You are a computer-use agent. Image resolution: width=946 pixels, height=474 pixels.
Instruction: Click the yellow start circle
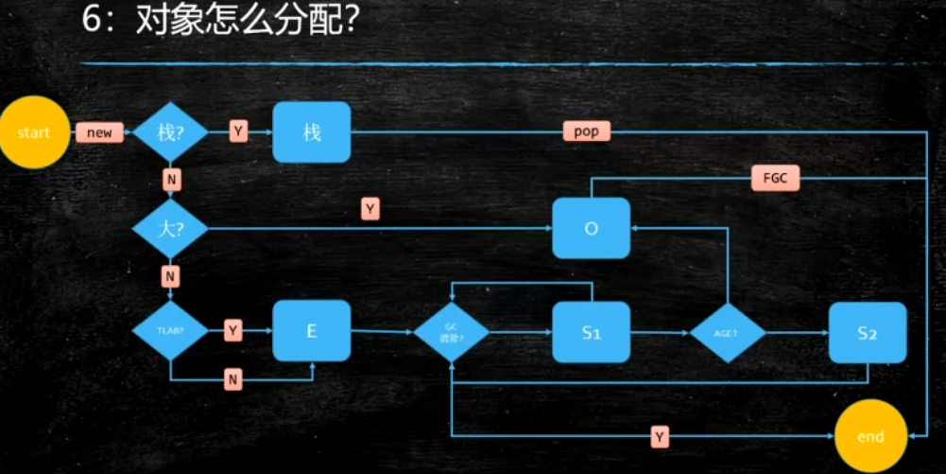coord(33,132)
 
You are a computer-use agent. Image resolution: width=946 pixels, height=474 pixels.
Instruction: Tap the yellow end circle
coord(870,436)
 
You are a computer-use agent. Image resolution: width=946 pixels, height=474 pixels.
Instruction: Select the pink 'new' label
coord(99,132)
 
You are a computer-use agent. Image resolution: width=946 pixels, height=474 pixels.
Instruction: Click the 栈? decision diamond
coord(170,132)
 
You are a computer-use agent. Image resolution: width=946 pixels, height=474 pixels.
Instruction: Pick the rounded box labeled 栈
coord(312,132)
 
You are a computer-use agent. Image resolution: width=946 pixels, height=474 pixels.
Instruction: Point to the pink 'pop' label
coord(586,132)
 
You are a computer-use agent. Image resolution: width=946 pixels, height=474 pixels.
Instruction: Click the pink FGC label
coord(775,178)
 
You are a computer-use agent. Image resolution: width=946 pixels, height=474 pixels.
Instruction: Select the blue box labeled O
coord(592,228)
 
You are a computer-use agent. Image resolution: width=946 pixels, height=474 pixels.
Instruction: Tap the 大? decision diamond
coord(170,228)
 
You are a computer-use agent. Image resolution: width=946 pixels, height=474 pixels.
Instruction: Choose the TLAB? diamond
coord(170,330)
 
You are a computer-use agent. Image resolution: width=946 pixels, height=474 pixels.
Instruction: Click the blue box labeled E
coord(312,330)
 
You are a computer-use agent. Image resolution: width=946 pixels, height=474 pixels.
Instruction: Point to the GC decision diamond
coord(452,333)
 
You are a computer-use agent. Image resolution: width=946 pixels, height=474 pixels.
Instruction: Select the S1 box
coord(592,332)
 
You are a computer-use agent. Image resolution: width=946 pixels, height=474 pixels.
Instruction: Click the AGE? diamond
coord(727,333)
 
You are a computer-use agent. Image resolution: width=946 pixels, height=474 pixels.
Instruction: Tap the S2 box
coord(868,332)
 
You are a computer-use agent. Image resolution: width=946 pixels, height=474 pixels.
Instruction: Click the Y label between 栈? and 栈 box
coord(238,132)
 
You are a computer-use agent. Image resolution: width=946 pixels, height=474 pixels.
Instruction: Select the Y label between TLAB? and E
coord(233,330)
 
